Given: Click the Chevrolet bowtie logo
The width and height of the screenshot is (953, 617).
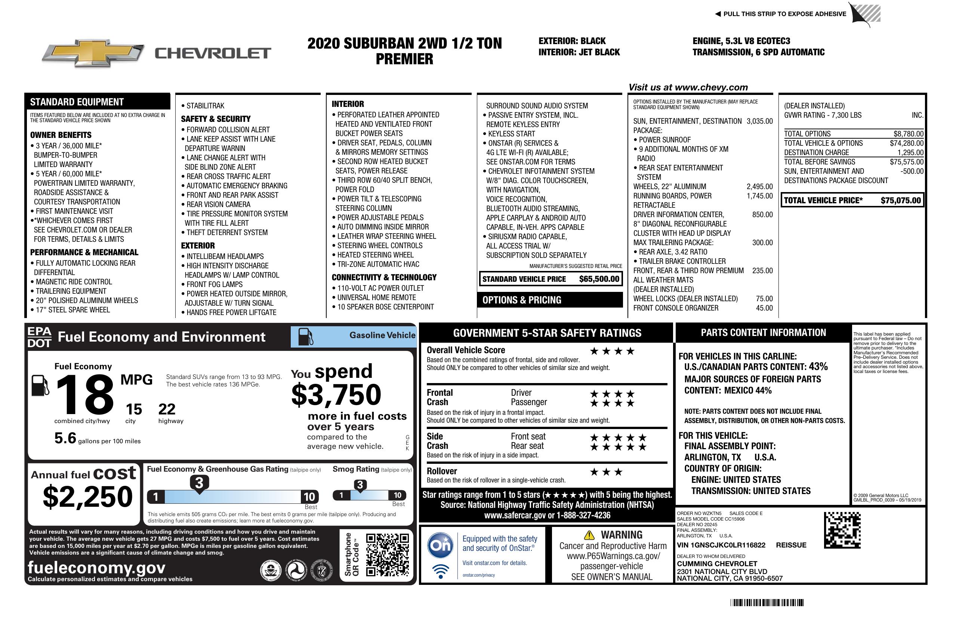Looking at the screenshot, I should click(93, 53).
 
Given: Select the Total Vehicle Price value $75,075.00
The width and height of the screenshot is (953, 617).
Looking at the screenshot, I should click(901, 201).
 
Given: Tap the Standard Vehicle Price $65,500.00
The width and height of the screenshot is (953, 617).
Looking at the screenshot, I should click(599, 279).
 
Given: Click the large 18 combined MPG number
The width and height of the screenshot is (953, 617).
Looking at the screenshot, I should click(85, 395).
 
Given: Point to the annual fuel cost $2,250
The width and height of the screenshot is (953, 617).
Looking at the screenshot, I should click(88, 497).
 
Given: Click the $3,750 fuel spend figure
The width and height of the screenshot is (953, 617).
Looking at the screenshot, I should click(336, 395).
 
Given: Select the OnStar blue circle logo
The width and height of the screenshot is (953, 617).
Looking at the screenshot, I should click(440, 545).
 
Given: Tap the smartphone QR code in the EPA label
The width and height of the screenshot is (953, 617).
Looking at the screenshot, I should click(387, 555).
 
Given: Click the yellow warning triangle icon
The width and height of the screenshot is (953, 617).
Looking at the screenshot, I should click(589, 535).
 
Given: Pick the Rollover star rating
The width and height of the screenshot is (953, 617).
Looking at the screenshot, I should click(606, 472).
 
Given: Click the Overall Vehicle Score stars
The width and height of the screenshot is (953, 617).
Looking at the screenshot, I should click(612, 352).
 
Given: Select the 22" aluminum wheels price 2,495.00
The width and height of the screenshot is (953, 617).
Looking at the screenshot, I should click(759, 186).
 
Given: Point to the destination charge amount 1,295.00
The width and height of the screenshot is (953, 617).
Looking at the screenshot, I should click(910, 152).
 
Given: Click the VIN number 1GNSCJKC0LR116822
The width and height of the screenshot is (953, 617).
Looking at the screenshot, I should click(721, 545).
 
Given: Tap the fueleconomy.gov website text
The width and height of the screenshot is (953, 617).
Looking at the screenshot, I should click(96, 568).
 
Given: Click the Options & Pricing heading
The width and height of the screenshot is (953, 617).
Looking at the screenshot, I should click(522, 300).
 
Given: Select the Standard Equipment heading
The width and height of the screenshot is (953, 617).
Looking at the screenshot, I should click(77, 102).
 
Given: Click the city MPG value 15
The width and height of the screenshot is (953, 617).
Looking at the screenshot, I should click(134, 409).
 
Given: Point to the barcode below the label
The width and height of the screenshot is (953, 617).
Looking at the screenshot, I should click(767, 602).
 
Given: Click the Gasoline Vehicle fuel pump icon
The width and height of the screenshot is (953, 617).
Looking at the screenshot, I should click(306, 337).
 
